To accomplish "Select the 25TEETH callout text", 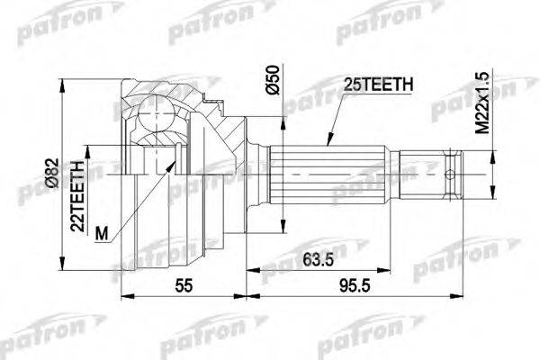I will pos(377,85).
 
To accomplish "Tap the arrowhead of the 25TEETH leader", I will pos(327,143).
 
